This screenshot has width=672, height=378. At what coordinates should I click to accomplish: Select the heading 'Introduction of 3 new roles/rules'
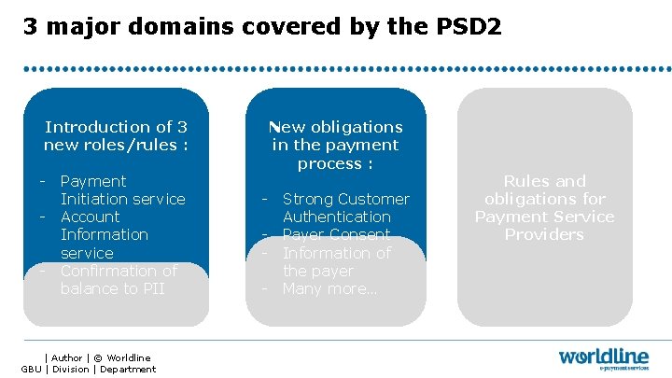116,135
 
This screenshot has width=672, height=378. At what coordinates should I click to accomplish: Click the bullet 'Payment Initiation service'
122,189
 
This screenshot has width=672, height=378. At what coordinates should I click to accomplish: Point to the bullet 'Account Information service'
104,234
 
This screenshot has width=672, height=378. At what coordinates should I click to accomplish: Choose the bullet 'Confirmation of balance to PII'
118,279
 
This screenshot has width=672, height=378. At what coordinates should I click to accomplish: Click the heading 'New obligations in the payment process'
336,145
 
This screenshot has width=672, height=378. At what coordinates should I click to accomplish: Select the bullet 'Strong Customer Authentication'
345,207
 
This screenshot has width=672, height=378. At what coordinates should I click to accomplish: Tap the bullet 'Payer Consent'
337,234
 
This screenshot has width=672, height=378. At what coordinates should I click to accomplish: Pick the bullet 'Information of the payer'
336,261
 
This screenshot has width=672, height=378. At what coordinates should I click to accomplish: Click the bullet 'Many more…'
329,288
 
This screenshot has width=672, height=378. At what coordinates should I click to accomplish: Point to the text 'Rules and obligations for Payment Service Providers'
544,207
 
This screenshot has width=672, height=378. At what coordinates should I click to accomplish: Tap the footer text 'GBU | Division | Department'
89,370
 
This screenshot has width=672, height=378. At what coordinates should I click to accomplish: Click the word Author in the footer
66,357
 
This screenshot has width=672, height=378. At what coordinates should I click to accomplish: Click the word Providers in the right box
544,234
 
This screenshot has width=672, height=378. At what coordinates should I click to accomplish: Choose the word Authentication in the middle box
337,217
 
